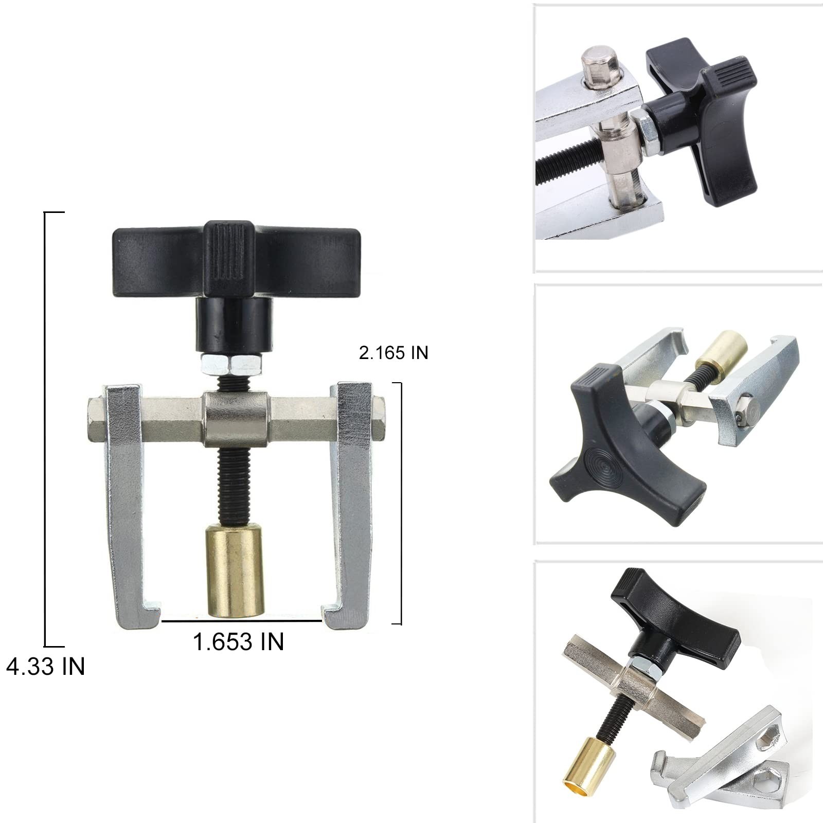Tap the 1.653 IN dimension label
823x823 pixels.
238,641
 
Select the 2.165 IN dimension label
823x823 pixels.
393,353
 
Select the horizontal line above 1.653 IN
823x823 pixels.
242,621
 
